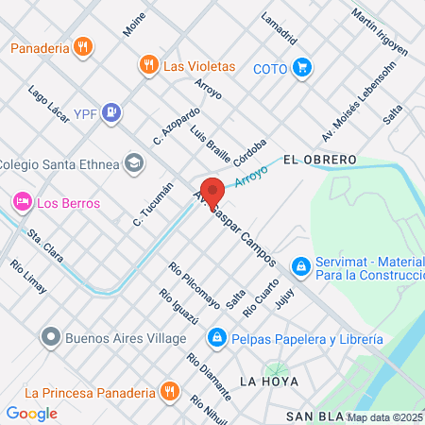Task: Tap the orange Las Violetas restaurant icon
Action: [147, 65]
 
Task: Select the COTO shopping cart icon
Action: [301, 67]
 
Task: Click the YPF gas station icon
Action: [112, 112]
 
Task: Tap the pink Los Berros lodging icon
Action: [21, 201]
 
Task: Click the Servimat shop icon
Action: [300, 267]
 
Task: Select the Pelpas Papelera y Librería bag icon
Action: [216, 337]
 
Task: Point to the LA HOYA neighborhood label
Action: [269, 382]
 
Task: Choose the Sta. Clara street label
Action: [44, 244]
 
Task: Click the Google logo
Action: [31, 413]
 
